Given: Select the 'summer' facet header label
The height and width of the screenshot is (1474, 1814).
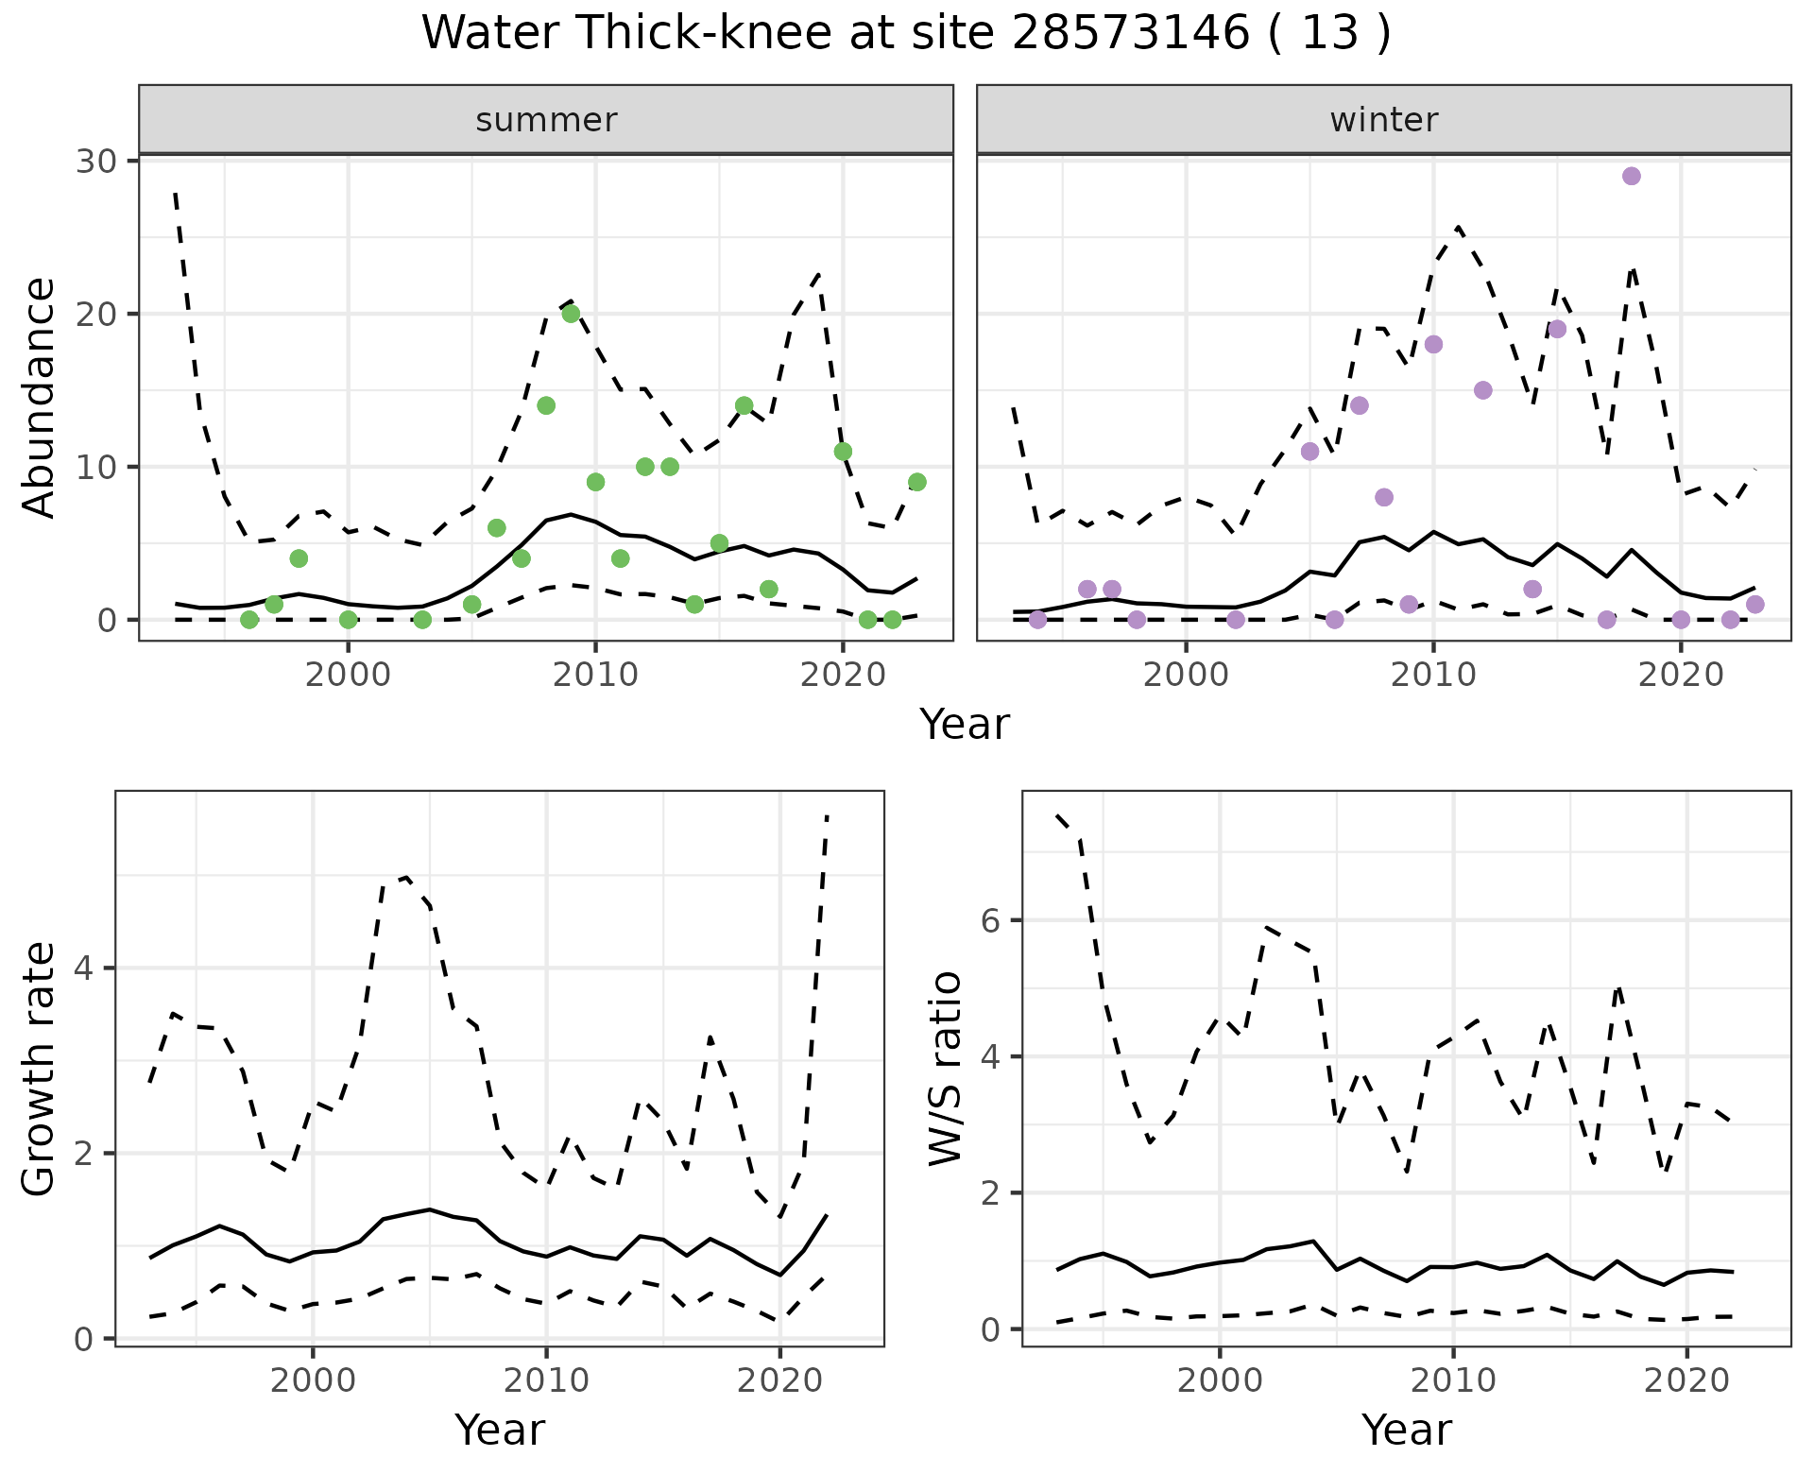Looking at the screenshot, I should [x=546, y=120].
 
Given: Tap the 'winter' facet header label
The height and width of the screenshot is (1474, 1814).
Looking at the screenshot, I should [x=1383, y=120].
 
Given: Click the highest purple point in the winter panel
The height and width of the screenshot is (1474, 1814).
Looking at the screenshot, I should [x=1631, y=177].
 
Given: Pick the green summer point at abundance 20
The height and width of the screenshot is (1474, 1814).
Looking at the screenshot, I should [x=571, y=314].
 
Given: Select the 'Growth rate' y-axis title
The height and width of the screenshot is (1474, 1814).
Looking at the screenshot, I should [x=39, y=1068].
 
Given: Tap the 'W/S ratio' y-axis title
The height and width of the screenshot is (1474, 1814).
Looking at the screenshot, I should [x=946, y=1068].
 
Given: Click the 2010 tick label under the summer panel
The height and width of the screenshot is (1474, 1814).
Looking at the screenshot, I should [x=595, y=676].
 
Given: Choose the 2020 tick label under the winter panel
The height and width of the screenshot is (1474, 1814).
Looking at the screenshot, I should [x=1680, y=676].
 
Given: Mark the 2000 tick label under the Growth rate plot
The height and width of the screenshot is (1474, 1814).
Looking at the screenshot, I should [x=313, y=1380].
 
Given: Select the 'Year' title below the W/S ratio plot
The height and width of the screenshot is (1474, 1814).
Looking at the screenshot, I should [x=1406, y=1430].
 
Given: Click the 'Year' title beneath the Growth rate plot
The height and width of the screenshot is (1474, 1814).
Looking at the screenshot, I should [x=499, y=1430].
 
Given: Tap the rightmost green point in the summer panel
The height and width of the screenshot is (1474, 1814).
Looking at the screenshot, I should [x=916, y=482].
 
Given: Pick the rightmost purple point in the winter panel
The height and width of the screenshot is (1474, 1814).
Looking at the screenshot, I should [x=1754, y=605].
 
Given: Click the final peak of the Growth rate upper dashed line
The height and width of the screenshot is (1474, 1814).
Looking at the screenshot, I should [x=827, y=814].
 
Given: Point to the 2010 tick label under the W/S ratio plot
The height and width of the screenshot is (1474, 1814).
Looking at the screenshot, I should [x=1453, y=1380].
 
